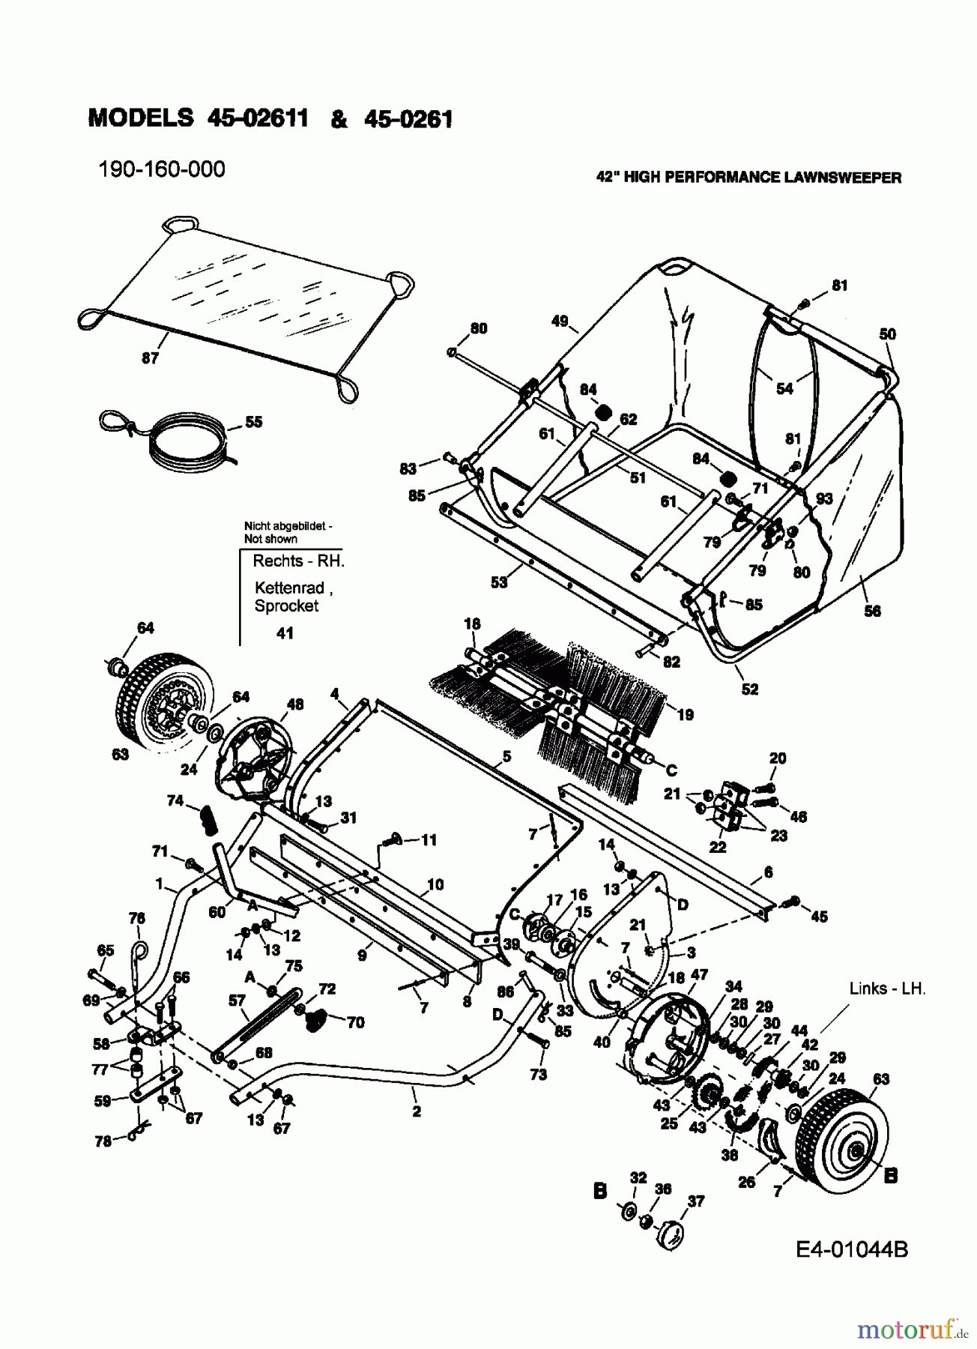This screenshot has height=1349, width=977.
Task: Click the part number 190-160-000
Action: (x=161, y=169)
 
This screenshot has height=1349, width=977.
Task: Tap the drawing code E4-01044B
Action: (x=852, y=1249)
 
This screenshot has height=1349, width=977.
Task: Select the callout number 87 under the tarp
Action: (x=150, y=358)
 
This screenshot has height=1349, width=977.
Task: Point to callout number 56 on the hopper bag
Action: (x=872, y=611)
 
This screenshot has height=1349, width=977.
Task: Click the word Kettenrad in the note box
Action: (x=289, y=588)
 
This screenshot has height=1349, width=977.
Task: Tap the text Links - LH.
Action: (x=887, y=989)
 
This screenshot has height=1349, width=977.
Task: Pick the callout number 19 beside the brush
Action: (x=685, y=715)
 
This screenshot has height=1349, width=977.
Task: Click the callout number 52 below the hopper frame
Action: (x=750, y=689)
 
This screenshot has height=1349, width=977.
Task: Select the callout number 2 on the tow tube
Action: (x=416, y=1112)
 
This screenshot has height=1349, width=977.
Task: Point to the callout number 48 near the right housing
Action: (x=295, y=704)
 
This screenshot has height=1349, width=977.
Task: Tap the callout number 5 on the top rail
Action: (x=506, y=757)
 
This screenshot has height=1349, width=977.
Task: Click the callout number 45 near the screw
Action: (x=819, y=916)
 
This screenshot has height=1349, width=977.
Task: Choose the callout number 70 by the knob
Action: (x=355, y=1022)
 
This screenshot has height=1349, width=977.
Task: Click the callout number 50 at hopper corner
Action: (x=887, y=334)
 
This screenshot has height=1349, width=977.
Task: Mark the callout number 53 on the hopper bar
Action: (x=498, y=582)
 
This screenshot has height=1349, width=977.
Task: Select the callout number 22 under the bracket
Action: (x=717, y=847)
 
